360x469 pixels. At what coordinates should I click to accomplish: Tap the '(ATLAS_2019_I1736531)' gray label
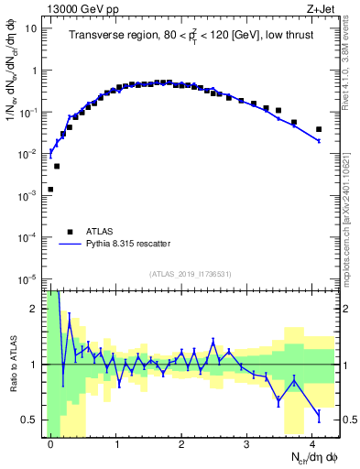tap(191, 274)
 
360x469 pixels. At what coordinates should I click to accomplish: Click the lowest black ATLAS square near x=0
tap(50, 190)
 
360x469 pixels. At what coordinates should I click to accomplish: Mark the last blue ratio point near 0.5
tap(319, 415)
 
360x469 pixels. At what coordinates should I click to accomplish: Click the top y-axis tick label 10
tap(31, 27)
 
